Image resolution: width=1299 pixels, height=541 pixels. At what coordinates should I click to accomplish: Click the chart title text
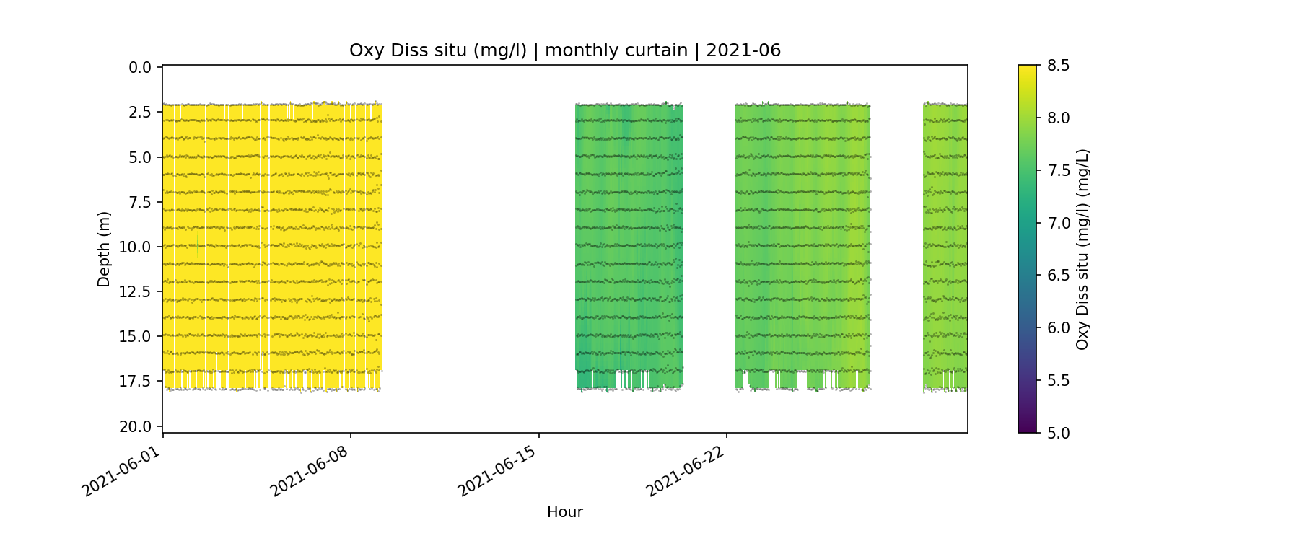(564, 50)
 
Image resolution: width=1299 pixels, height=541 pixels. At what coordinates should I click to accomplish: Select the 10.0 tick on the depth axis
(136, 247)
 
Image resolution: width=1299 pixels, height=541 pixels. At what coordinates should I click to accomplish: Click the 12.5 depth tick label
(136, 291)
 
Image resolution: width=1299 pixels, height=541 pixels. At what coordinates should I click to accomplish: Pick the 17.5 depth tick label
(136, 381)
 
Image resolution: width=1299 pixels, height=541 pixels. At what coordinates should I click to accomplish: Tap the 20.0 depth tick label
(136, 426)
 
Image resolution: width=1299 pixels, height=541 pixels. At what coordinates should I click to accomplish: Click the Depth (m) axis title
(104, 249)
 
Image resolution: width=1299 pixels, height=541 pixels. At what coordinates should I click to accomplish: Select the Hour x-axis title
(564, 512)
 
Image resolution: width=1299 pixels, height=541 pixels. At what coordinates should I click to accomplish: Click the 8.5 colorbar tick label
(1058, 66)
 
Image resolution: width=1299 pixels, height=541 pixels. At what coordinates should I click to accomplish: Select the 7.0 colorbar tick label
(1058, 223)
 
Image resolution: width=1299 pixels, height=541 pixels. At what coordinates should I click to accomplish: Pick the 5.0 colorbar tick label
(1058, 433)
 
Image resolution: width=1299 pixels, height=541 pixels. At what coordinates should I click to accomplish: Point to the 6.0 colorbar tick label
(1058, 327)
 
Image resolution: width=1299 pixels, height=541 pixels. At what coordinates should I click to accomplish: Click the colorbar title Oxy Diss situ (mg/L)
(1082, 249)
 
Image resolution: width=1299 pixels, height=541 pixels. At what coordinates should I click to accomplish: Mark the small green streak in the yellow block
(198, 245)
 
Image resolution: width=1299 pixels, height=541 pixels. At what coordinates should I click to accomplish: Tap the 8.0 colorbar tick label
(1058, 118)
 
